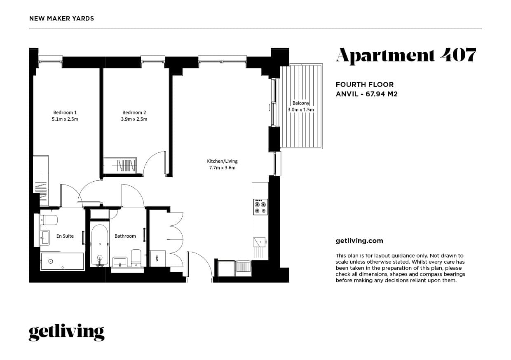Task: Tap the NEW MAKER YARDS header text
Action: click(x=62, y=19)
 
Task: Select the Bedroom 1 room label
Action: click(x=65, y=112)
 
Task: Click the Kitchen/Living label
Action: click(x=222, y=161)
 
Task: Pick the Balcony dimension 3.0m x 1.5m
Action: click(x=301, y=110)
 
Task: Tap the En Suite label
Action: click(x=65, y=236)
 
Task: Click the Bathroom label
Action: click(x=125, y=236)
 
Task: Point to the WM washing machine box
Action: click(x=157, y=258)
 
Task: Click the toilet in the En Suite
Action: click(x=49, y=219)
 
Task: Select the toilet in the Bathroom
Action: click(x=136, y=257)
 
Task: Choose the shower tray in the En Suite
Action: click(x=62, y=262)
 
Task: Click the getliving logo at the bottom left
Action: click(x=66, y=332)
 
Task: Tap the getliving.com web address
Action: click(x=359, y=241)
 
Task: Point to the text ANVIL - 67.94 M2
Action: click(x=366, y=94)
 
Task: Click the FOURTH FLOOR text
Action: click(x=364, y=84)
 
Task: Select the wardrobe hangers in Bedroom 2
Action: click(x=126, y=166)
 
